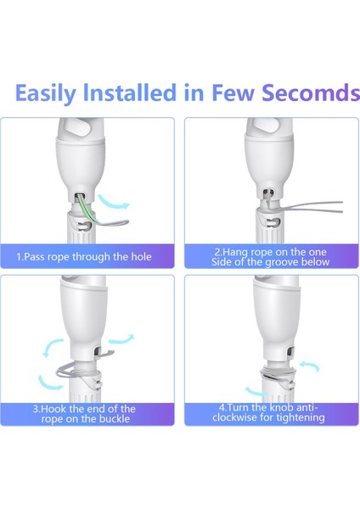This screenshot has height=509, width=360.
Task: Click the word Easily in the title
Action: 45,93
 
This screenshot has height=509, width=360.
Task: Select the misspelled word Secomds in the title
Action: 311,92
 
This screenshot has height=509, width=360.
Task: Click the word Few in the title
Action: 233,92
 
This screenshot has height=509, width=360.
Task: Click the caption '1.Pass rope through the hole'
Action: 84,257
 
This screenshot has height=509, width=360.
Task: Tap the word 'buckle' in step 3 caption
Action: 115,418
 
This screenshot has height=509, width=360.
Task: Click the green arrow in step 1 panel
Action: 114,203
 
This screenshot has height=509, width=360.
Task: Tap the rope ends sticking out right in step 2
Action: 312,207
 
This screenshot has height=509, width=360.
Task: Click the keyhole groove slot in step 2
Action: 273,222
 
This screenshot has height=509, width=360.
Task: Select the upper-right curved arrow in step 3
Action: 121,339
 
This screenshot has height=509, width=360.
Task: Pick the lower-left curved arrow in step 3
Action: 48,383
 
